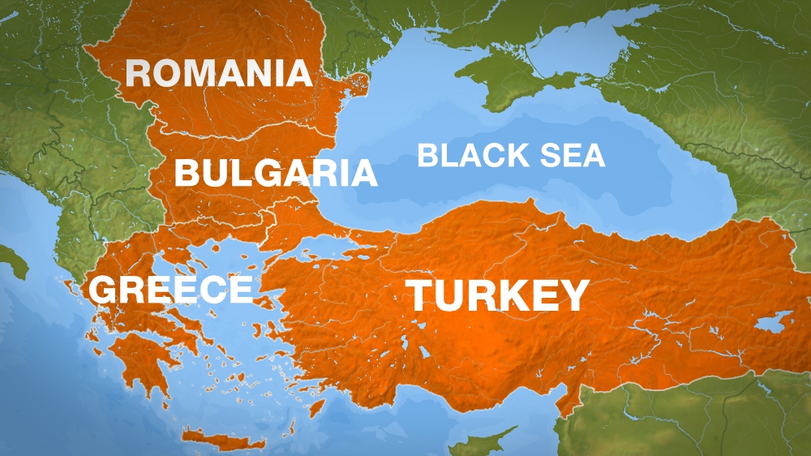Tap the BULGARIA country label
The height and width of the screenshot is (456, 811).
click(276, 173)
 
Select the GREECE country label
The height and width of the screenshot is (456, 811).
click(171, 290)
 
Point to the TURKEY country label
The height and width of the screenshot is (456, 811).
click(497, 295)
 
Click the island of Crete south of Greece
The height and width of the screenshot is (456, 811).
click(223, 441)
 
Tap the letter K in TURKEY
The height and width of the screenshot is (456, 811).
click(503, 295)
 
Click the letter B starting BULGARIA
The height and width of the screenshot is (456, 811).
click(187, 173)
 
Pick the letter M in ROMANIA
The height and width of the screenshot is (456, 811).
click(205, 73)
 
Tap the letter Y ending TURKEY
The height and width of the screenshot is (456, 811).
click(571, 295)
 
